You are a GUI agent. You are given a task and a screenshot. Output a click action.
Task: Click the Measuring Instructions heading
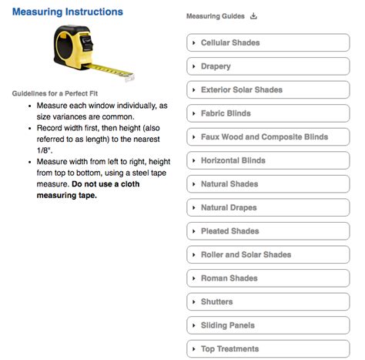click(67, 12)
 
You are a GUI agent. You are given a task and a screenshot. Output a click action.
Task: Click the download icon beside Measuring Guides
click(254, 16)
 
